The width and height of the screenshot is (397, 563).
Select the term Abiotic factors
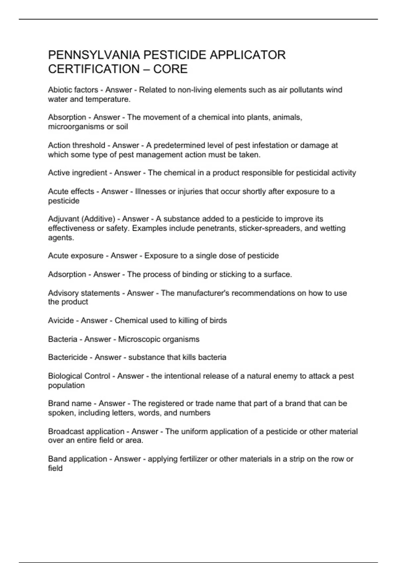[x=73, y=90]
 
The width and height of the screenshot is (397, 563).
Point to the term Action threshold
[x=76, y=145]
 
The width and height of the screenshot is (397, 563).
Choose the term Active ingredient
[x=78, y=173]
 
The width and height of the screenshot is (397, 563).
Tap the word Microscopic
[x=139, y=339]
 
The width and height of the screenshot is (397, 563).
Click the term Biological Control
[x=79, y=376]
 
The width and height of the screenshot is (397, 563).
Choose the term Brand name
[x=69, y=403]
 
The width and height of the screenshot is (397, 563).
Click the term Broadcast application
[x=86, y=432]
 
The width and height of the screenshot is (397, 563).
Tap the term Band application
[x=77, y=459]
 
